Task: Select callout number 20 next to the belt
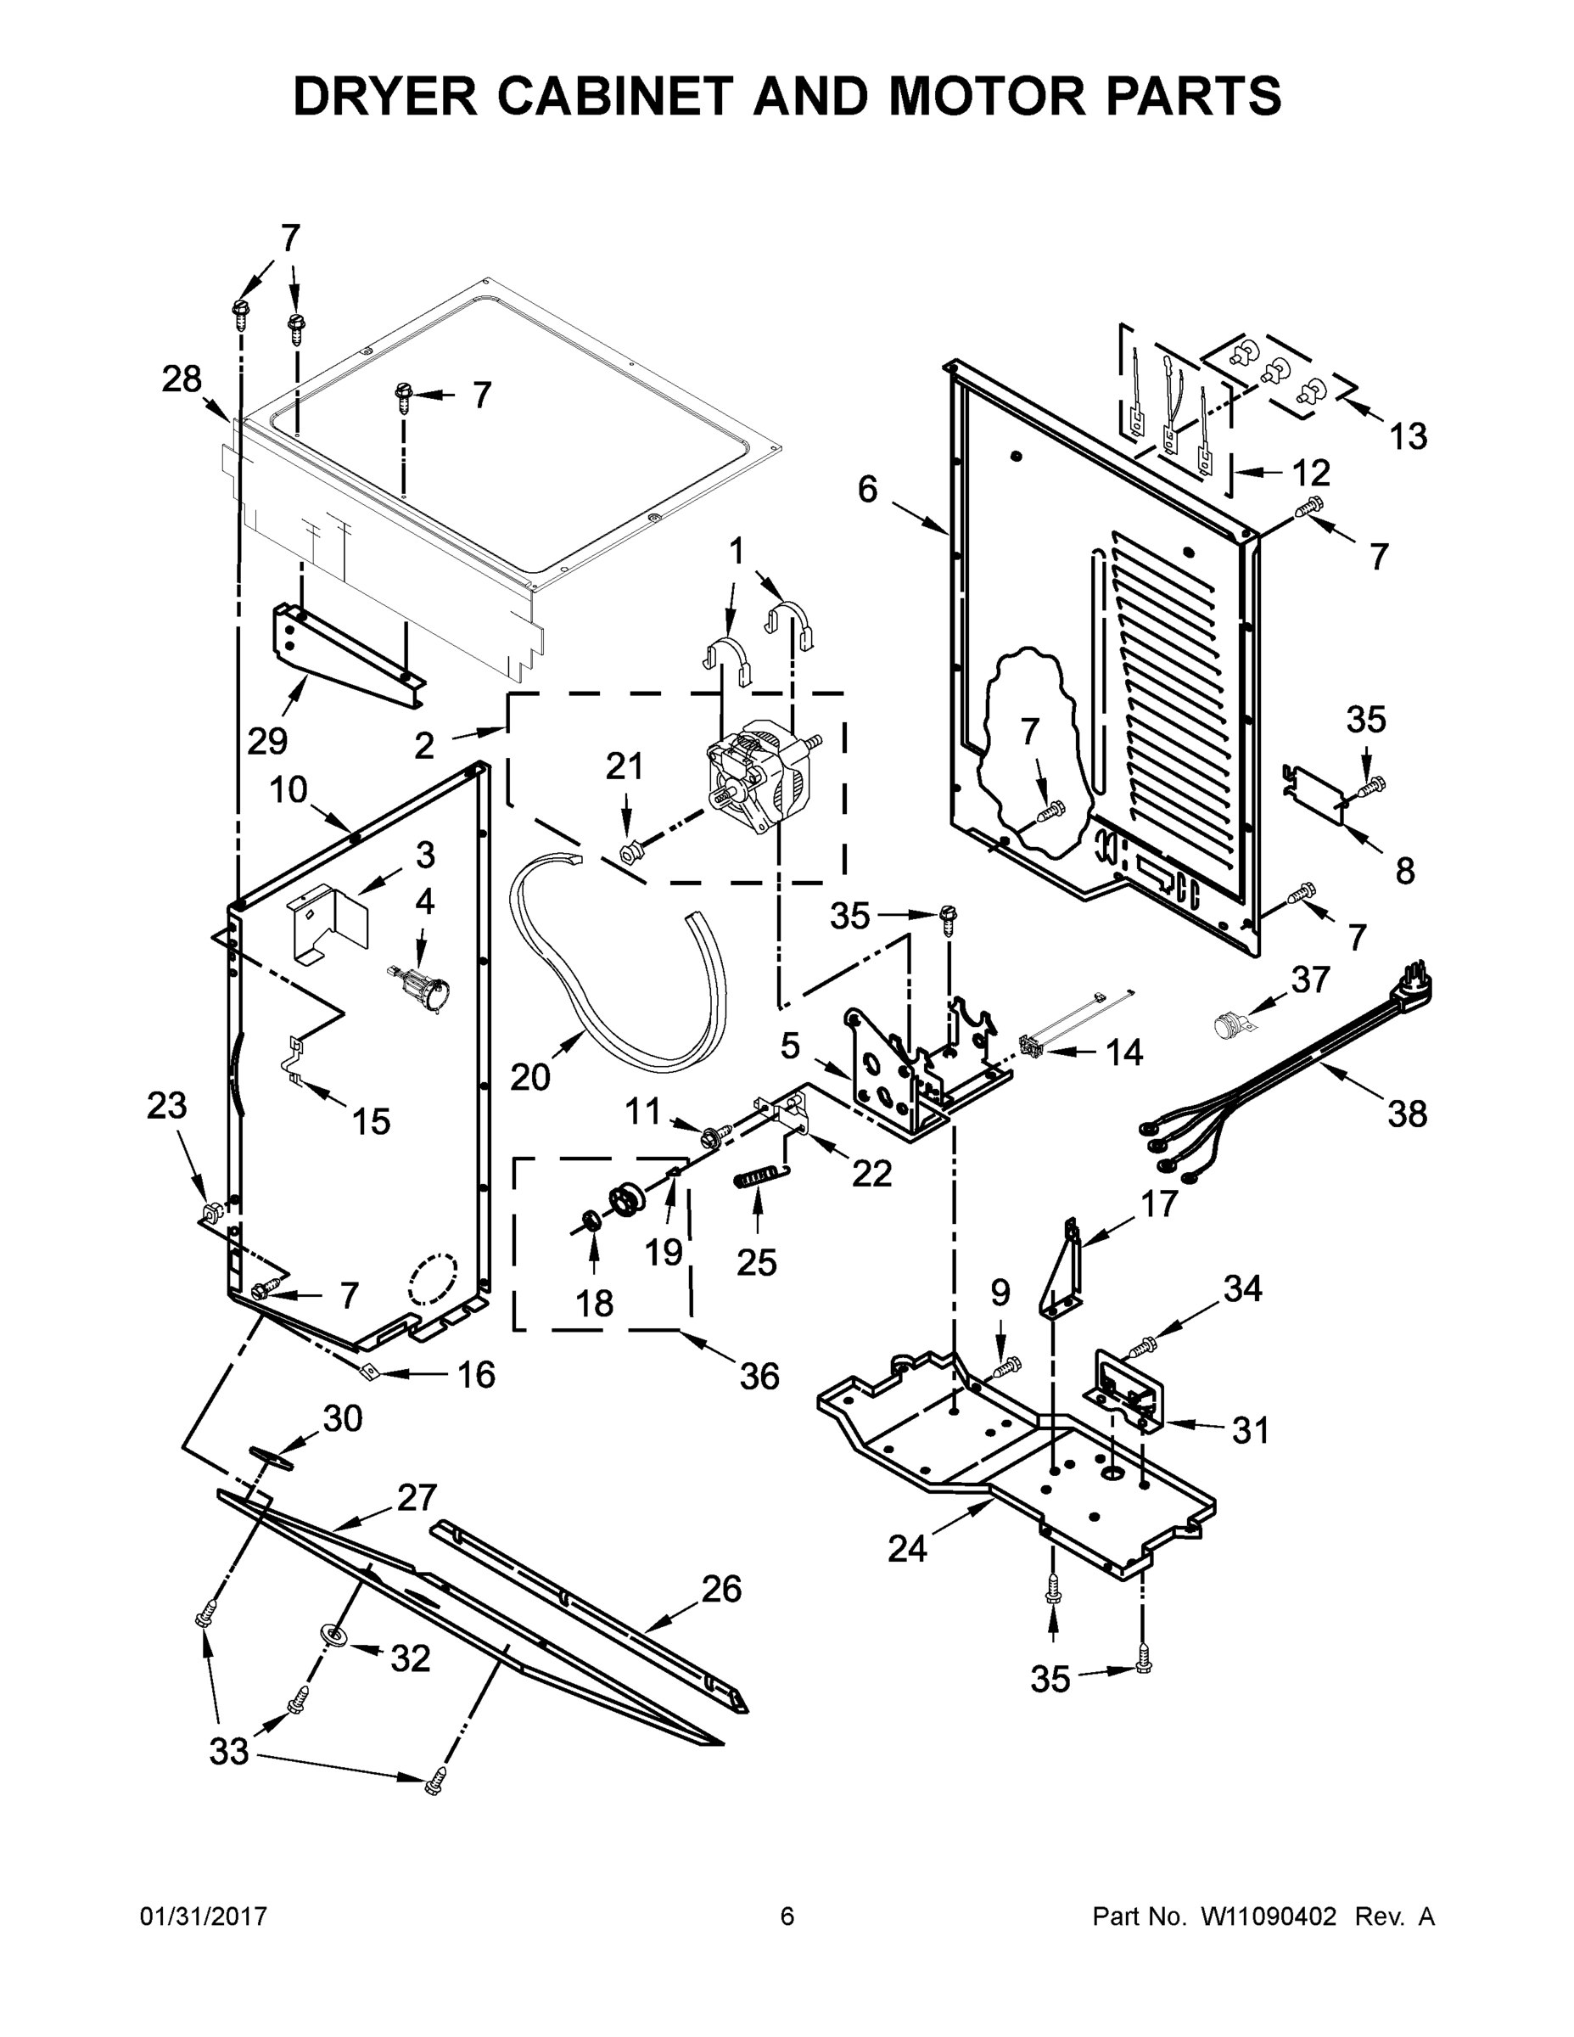pos(529,1077)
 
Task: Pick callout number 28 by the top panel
pos(181,379)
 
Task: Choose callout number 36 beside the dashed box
pos(758,1376)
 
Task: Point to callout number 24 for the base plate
pos(906,1548)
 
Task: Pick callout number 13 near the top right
pos(1407,435)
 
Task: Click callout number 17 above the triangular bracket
pos(1159,1204)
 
